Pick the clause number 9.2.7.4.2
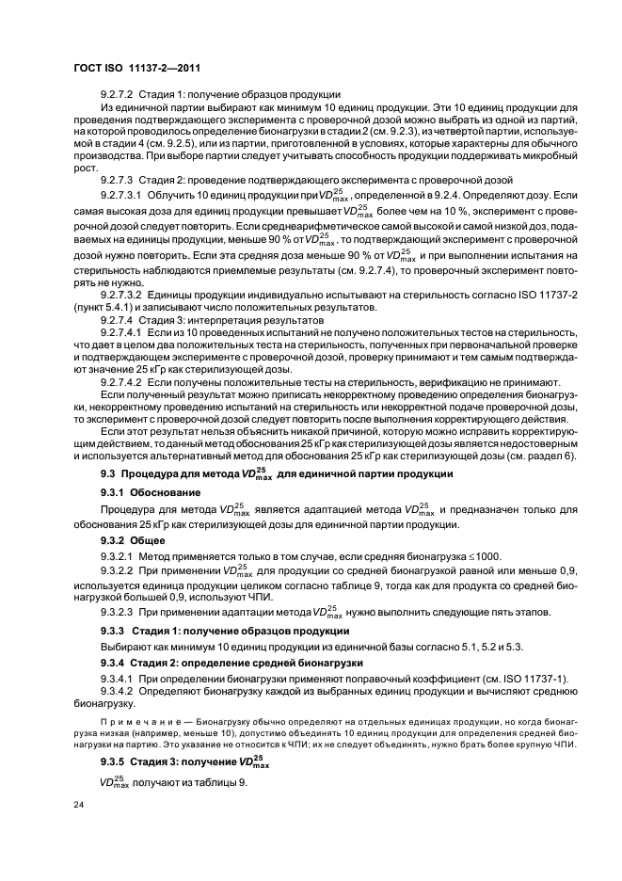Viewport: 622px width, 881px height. pos(121,381)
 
